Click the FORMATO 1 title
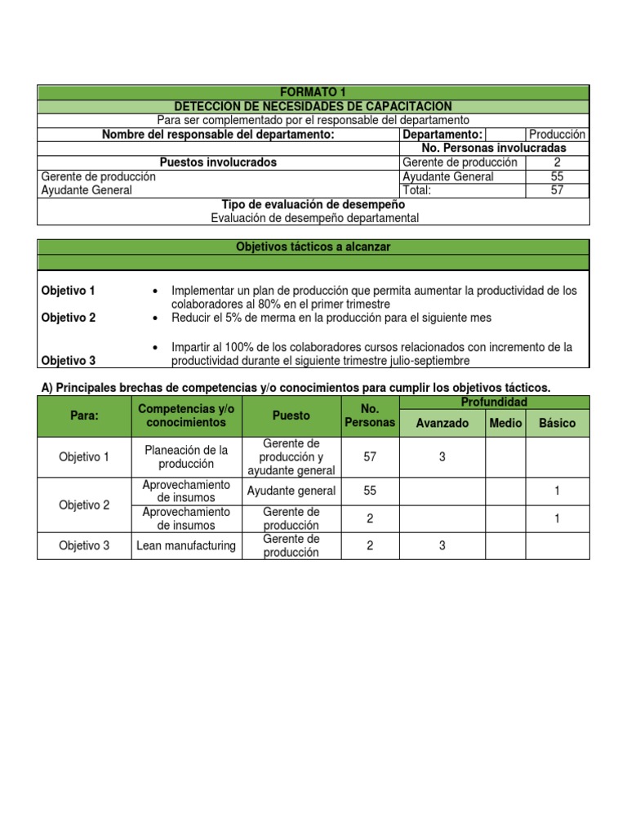click(x=313, y=93)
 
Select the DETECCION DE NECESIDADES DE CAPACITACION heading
click(x=313, y=107)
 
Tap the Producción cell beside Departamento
click(x=557, y=135)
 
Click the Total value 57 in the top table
click(x=557, y=190)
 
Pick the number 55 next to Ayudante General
click(x=557, y=176)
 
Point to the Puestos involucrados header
click(x=218, y=162)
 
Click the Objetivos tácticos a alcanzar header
click(x=313, y=247)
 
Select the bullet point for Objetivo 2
click(x=155, y=318)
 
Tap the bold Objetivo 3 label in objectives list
click(x=68, y=359)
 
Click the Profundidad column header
click(x=495, y=402)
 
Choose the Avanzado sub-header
click(x=442, y=423)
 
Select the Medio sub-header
click(x=505, y=423)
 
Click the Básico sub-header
click(x=557, y=423)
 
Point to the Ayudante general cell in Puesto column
click(x=291, y=491)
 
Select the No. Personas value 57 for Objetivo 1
click(x=370, y=457)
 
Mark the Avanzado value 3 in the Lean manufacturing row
click(x=442, y=545)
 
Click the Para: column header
click(x=83, y=416)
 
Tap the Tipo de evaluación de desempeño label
click(x=313, y=204)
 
